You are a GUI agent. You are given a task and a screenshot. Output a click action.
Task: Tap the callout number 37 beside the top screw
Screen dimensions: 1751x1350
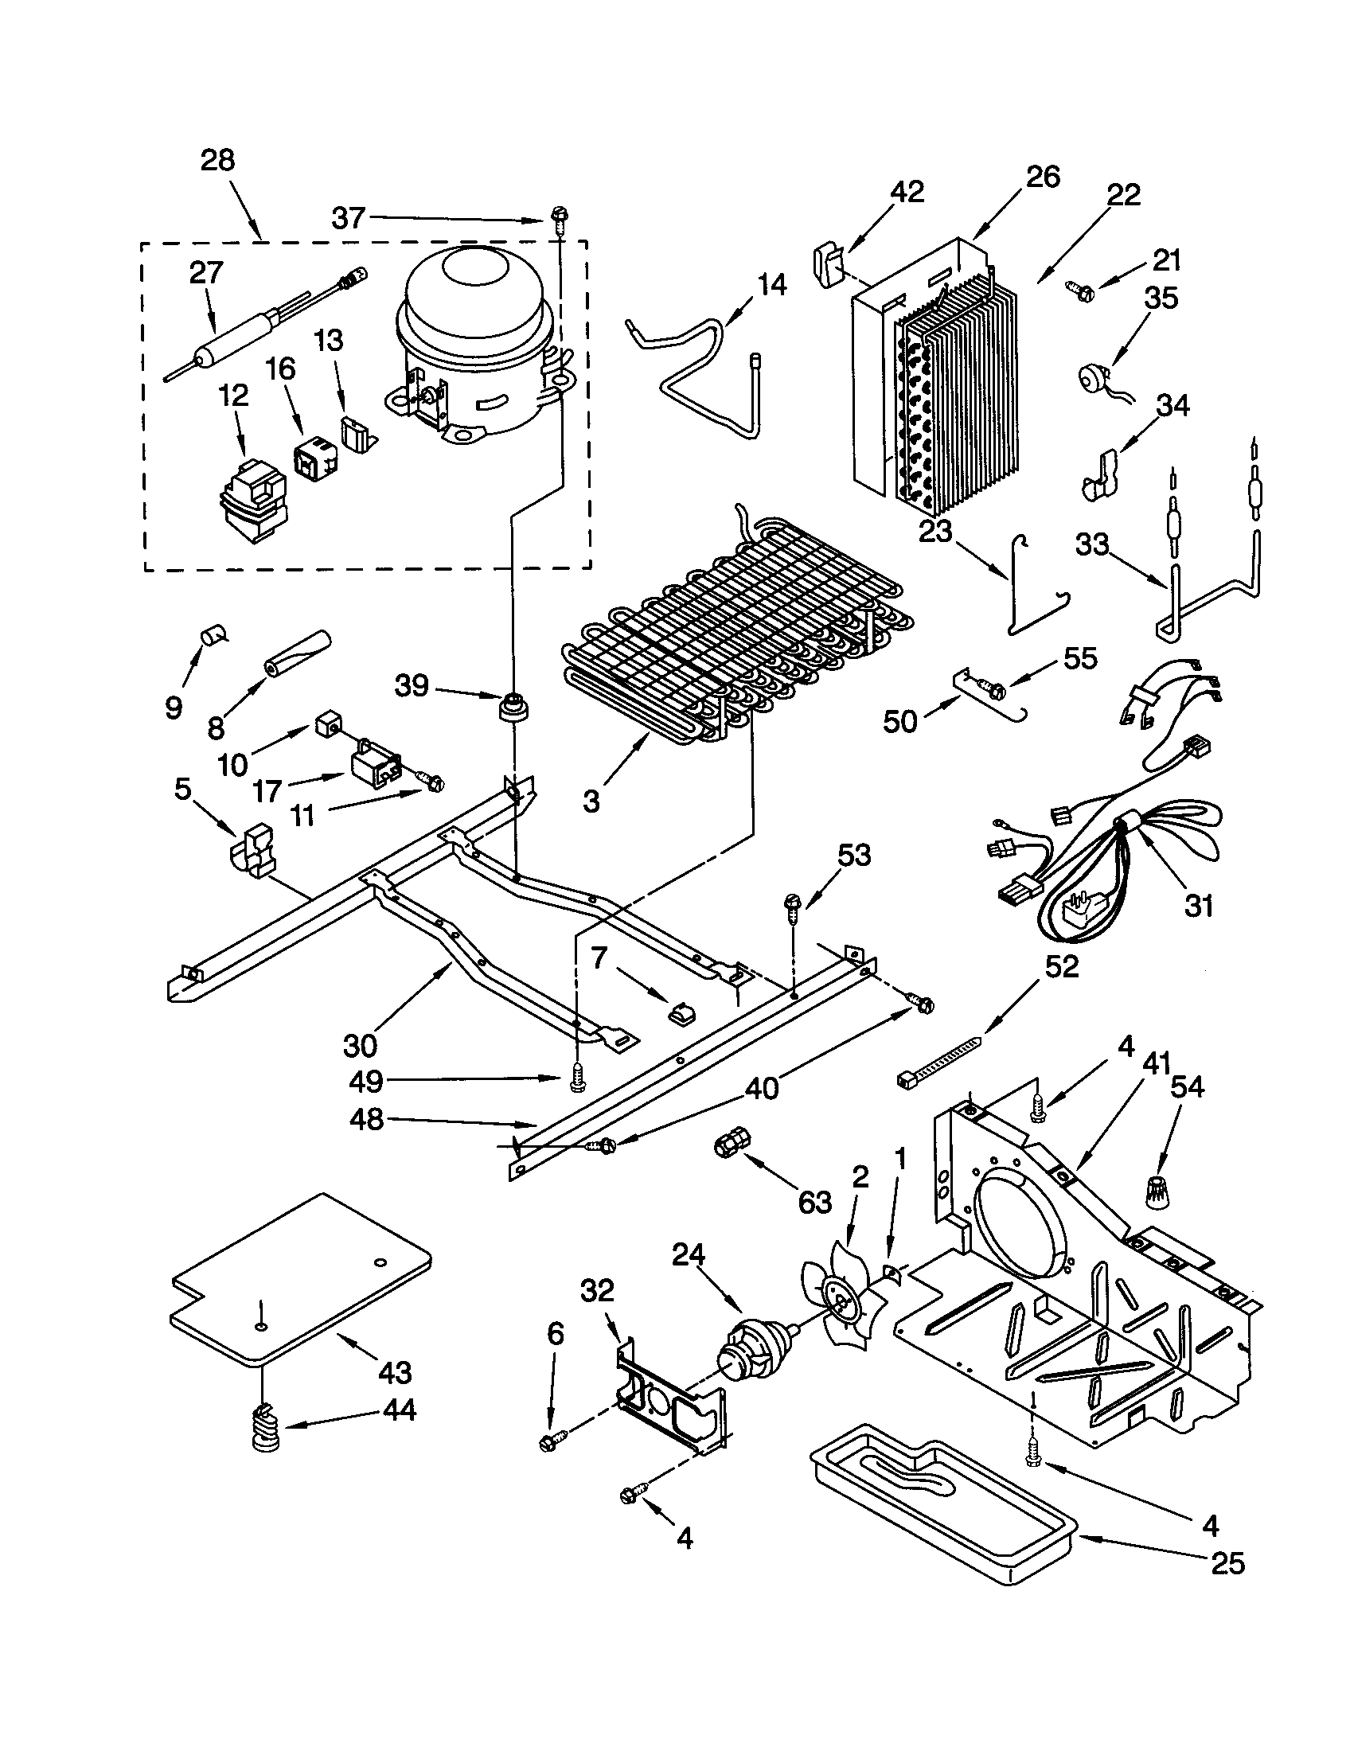349,217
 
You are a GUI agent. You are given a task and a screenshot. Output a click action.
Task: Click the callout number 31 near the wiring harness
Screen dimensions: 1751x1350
1198,906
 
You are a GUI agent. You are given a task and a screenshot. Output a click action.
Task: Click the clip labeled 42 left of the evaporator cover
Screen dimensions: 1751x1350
827,262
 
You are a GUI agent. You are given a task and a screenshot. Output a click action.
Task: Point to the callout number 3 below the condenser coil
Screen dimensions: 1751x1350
591,800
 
